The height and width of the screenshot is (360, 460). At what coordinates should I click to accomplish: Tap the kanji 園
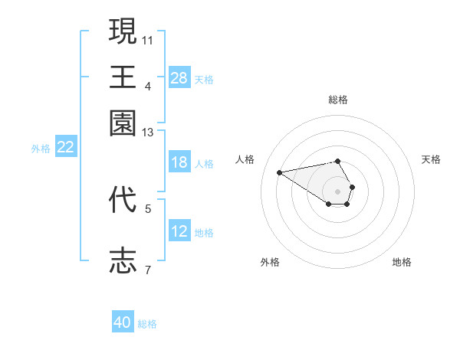(x=123, y=123)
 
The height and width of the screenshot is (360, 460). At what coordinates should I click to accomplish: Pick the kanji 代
(x=123, y=200)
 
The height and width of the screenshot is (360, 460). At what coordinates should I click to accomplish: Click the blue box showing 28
(x=179, y=78)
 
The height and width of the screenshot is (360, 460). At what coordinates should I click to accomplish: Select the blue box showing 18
(x=179, y=163)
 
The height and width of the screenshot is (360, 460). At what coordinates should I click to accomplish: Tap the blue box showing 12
(x=179, y=232)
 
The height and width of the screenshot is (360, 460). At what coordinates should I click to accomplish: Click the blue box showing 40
(x=123, y=323)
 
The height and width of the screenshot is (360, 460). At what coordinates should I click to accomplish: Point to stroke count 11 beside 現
(x=148, y=39)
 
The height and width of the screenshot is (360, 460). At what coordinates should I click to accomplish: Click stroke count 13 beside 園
(x=148, y=133)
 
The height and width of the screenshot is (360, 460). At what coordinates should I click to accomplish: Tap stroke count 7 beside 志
(x=148, y=270)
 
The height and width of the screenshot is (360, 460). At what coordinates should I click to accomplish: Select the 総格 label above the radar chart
(x=338, y=100)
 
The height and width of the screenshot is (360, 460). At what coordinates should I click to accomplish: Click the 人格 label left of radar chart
(x=245, y=159)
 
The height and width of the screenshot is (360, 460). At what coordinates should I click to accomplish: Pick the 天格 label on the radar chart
(x=431, y=159)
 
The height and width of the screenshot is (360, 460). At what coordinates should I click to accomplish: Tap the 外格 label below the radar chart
(x=270, y=262)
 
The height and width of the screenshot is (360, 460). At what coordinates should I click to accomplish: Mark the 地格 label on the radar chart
(x=402, y=262)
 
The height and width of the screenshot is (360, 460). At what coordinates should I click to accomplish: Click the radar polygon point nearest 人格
(x=280, y=172)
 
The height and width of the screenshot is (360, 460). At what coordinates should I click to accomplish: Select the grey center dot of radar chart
(x=338, y=191)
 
